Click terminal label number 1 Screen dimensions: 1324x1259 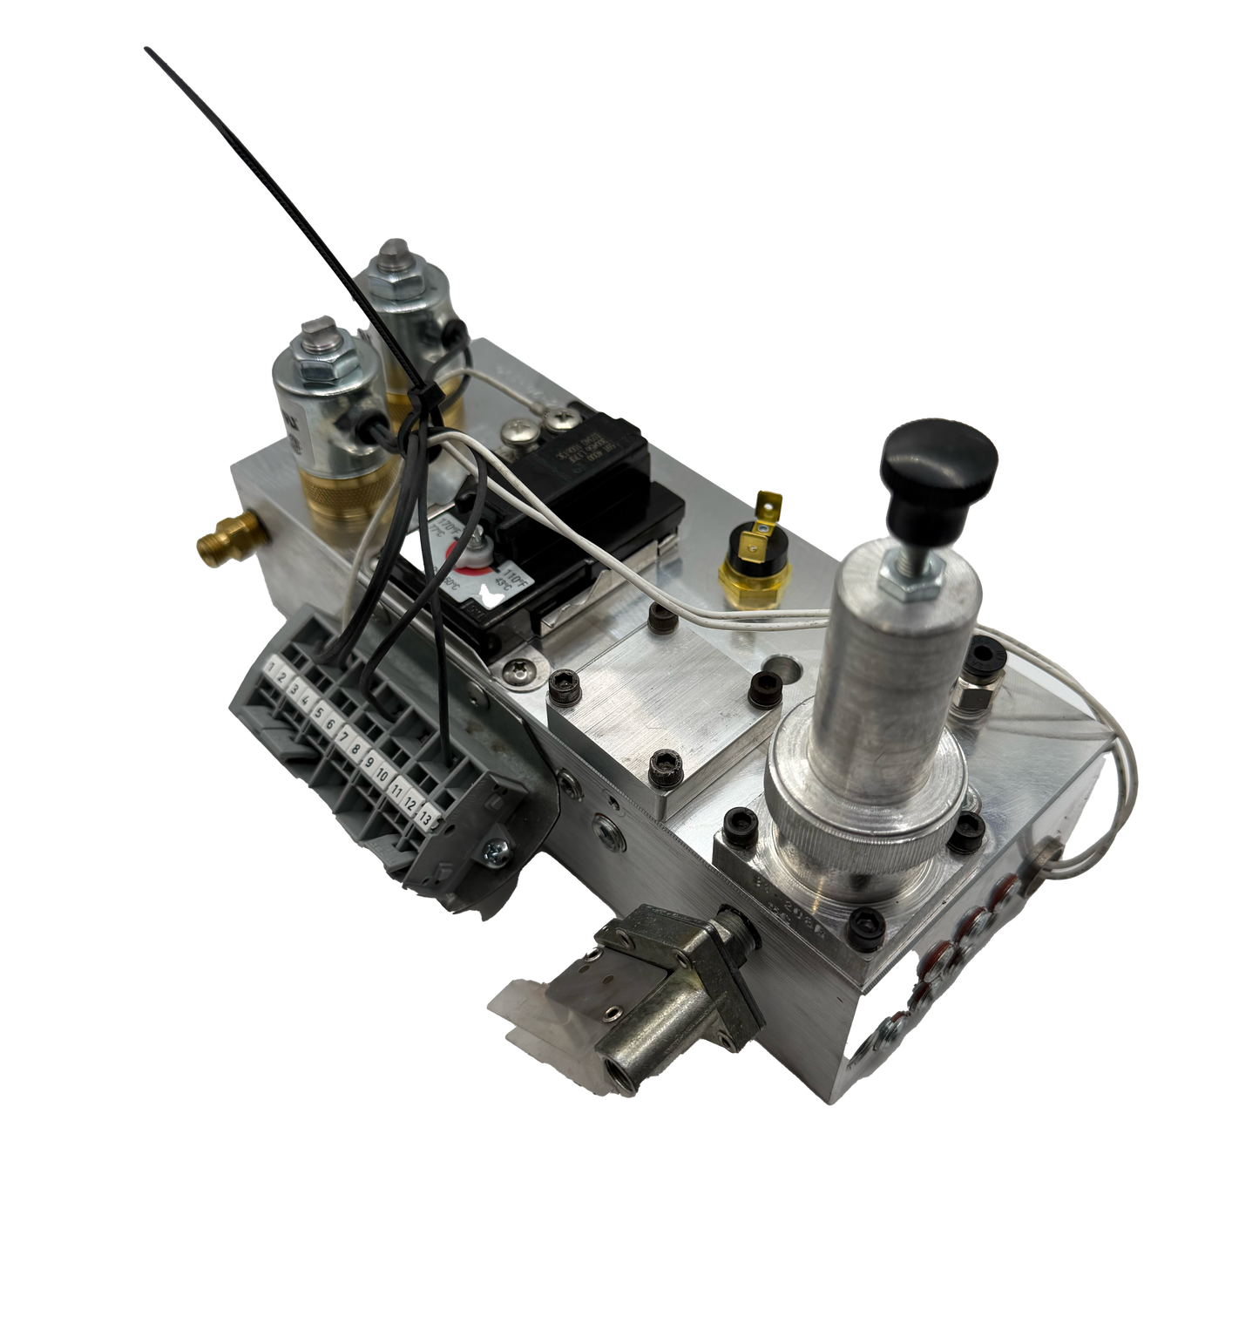coord(273,669)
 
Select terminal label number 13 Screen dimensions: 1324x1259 coord(425,817)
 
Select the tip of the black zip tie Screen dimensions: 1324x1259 coord(145,49)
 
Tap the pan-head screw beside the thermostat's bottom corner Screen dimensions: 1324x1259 coord(520,669)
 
